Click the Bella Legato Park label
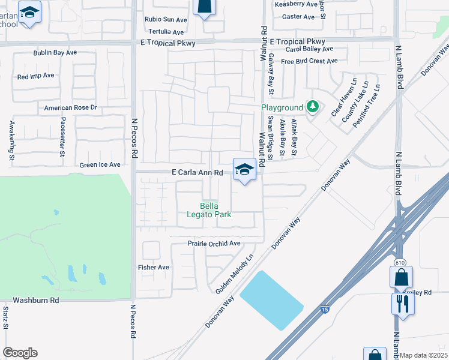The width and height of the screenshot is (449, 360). coord(216,211)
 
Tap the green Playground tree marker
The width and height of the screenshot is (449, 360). coord(312,107)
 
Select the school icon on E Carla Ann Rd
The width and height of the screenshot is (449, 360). coord(245,169)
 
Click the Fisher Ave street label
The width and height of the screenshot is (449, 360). coord(154,268)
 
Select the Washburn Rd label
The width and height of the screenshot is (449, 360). coord(37,299)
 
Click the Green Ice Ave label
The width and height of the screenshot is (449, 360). coord(100,164)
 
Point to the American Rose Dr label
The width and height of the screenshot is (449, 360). coord(71,108)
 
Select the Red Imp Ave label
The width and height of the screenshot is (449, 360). coord(36,76)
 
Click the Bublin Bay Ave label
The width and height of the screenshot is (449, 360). coord(55,53)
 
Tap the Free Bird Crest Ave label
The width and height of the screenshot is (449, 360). coord(309,61)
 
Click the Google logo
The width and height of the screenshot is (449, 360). coord(20,353)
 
